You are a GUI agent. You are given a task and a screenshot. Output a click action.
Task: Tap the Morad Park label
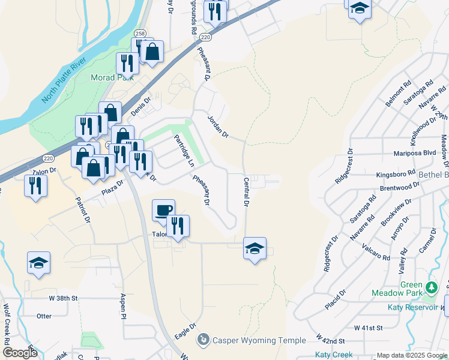112,78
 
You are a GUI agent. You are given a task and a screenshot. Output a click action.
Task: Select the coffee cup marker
163,211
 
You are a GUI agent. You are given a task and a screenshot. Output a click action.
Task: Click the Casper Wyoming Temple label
259,340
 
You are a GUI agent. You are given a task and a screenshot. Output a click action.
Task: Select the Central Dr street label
246,191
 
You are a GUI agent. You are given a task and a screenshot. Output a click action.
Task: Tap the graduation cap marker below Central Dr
255,248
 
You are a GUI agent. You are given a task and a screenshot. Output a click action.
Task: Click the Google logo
20,353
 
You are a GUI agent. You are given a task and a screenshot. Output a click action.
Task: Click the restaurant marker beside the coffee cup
178,226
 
